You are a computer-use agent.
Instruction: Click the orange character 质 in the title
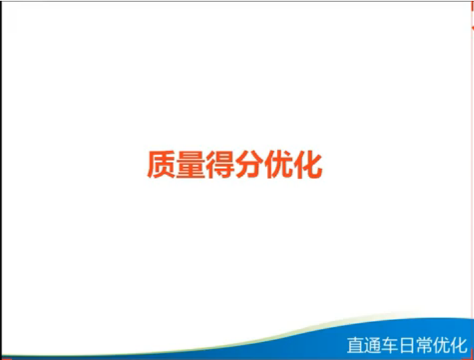click(161, 164)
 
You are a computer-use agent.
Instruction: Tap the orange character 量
click(190, 164)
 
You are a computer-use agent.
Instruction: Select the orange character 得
click(220, 164)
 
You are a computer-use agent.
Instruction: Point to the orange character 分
click(249, 164)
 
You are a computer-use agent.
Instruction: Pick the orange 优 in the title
click(279, 164)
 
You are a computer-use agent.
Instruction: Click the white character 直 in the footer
click(356, 345)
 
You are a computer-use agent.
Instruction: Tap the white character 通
click(373, 345)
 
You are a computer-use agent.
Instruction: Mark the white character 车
click(390, 345)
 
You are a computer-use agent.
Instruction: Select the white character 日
click(407, 345)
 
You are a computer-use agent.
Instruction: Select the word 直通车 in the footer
click(373, 345)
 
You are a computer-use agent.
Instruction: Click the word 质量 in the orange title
click(176, 164)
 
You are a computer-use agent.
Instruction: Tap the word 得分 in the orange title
click(235, 164)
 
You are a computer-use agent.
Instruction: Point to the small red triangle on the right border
click(473, 28)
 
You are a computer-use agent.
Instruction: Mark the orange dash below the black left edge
click(6, 359)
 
